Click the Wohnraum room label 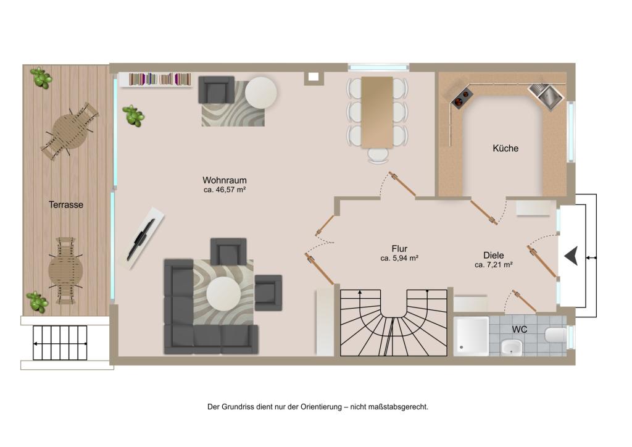(225, 180)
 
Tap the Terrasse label (66, 205)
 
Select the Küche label (505, 148)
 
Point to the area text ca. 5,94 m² (399, 258)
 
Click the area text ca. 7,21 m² (494, 265)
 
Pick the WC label (520, 329)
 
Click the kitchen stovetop (462, 98)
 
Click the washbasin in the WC (512, 348)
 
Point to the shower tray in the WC (471, 336)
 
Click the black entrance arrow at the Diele (572, 256)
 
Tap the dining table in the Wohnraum (377, 112)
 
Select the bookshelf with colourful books (160, 79)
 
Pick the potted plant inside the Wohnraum (133, 115)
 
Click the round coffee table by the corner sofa (223, 294)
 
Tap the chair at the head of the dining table (378, 155)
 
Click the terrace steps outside (60, 343)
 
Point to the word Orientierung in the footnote (321, 407)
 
